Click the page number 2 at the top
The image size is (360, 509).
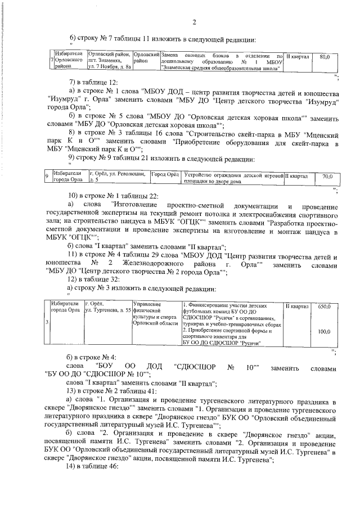click(x=193, y=22)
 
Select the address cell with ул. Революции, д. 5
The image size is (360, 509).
click(x=118, y=177)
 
